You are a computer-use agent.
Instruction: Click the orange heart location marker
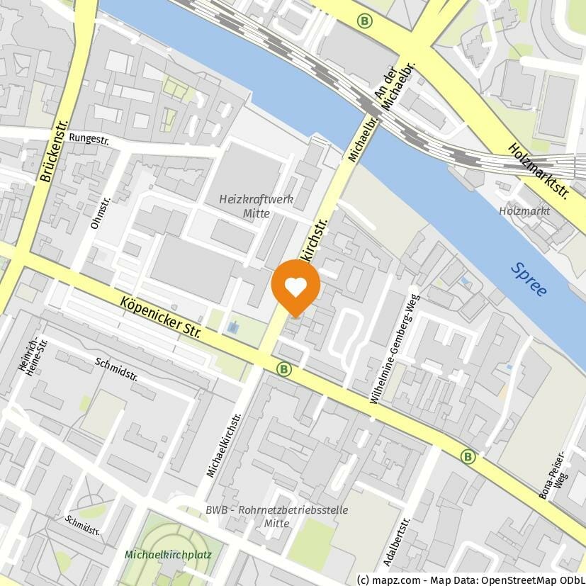pyautogui.click(x=295, y=286)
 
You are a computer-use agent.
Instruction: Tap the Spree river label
pyautogui.click(x=528, y=279)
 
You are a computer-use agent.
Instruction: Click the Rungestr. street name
pyautogui.click(x=89, y=140)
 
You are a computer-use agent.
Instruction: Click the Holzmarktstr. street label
pyautogui.click(x=539, y=170)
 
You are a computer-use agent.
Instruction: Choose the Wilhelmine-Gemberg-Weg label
pyautogui.click(x=394, y=349)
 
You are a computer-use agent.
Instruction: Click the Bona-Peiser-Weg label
pyautogui.click(x=553, y=475)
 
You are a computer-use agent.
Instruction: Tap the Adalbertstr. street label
pyautogui.click(x=396, y=541)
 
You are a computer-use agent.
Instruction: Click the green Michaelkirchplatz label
pyautogui.click(x=168, y=554)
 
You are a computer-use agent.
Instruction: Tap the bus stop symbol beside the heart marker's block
pyautogui.click(x=284, y=369)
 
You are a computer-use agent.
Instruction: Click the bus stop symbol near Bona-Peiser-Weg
pyautogui.click(x=467, y=456)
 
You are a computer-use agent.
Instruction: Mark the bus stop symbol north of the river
pyautogui.click(x=365, y=21)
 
